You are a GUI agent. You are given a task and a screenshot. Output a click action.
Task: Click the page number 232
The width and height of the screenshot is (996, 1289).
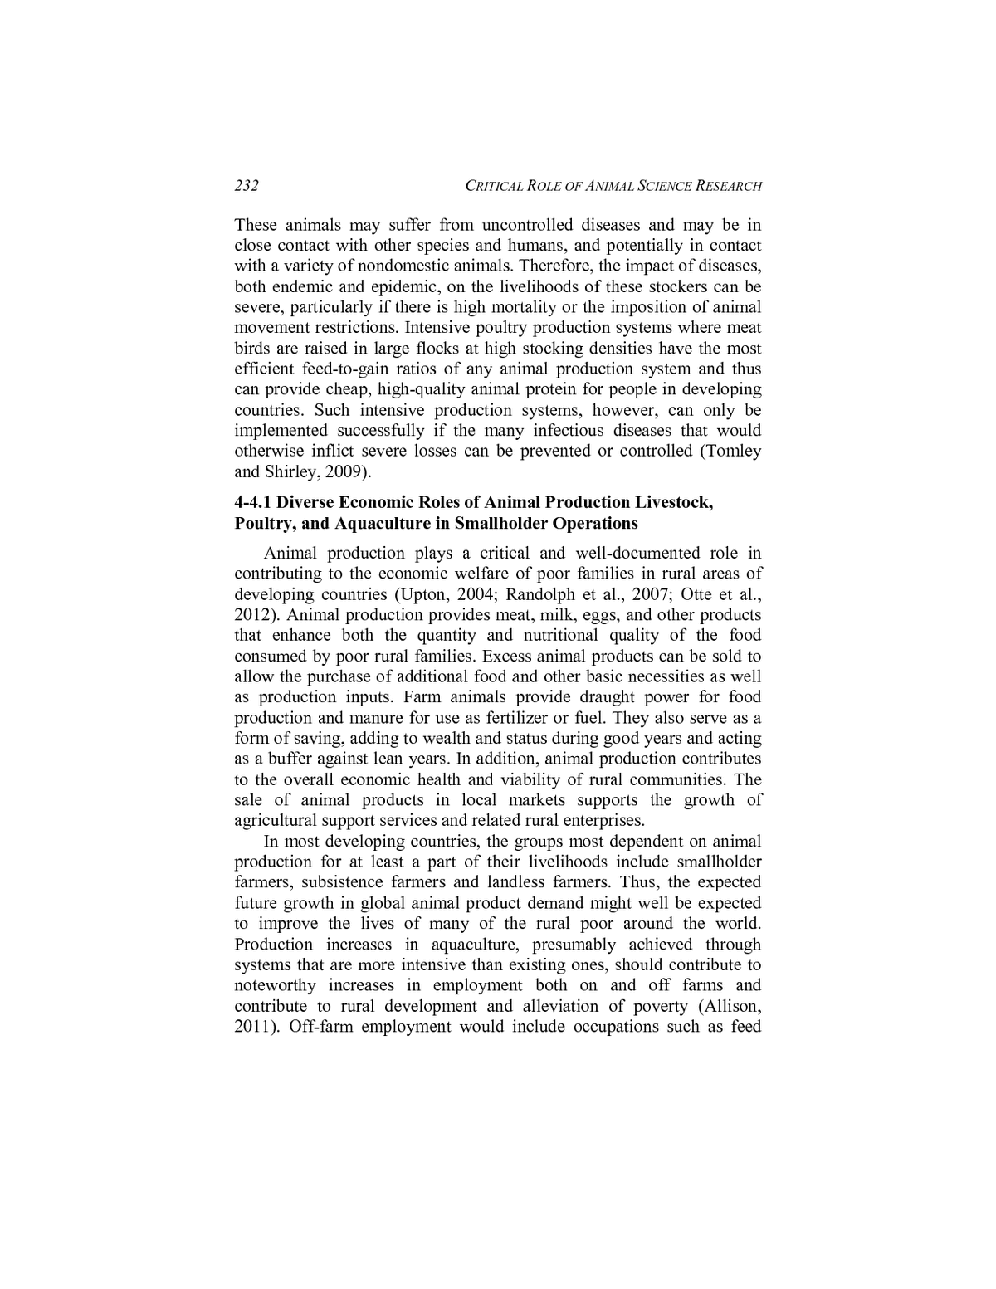247,186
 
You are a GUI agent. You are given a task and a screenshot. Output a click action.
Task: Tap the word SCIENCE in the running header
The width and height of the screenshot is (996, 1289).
665,187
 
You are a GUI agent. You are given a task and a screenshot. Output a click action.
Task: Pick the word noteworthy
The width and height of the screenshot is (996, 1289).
275,986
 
